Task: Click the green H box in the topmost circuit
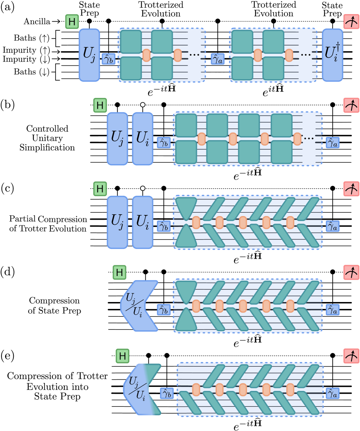[x=72, y=22]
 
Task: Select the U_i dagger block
[x=332, y=55]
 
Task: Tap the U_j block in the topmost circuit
[x=89, y=55]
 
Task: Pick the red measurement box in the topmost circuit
[x=351, y=22]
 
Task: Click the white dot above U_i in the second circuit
[x=143, y=105]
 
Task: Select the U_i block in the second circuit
[x=143, y=139]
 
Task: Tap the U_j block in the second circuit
[x=117, y=139]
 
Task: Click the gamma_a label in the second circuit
[x=332, y=143]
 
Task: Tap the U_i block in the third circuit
[x=143, y=223]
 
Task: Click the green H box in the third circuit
[x=100, y=189]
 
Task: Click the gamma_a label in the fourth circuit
[x=332, y=310]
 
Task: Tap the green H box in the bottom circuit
[x=122, y=356]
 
